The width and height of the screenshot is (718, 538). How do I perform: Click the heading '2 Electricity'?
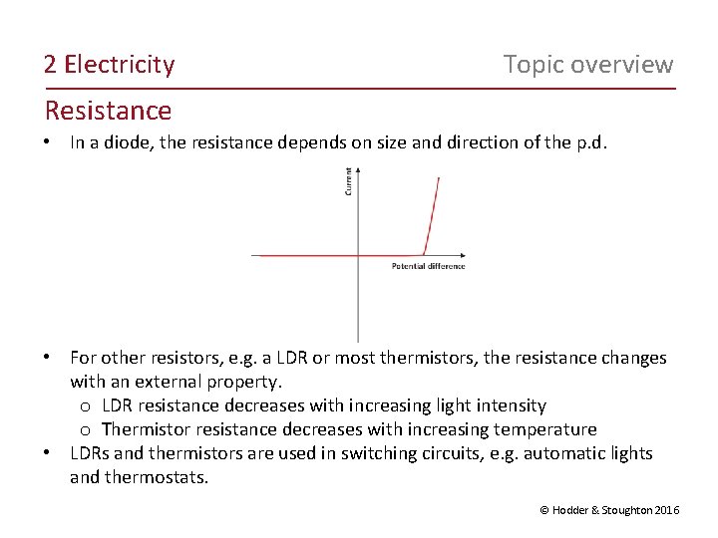tap(109, 65)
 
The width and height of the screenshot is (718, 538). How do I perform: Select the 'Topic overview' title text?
tap(588, 65)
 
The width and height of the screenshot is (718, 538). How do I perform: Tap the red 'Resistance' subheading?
tap(108, 111)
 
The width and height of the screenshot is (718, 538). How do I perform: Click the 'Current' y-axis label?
tap(348, 180)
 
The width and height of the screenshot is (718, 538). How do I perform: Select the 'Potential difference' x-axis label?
tap(428, 266)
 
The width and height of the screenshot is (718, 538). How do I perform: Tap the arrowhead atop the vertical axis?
tap(358, 170)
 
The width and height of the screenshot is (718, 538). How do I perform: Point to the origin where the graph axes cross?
tap(358, 256)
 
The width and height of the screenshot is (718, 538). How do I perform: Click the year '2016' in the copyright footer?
tap(667, 510)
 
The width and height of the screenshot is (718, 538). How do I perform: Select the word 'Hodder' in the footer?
tap(575, 510)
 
